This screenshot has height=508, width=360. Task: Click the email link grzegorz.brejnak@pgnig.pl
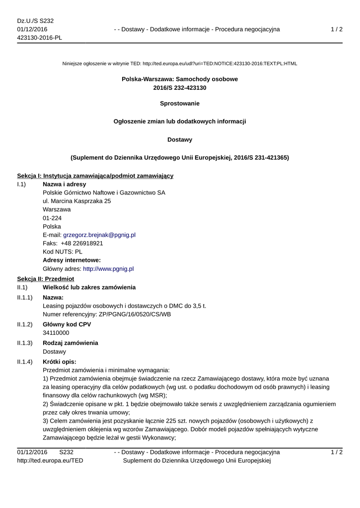(99, 235)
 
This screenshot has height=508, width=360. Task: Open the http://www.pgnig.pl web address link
(108, 268)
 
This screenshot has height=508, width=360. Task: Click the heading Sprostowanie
(180, 103)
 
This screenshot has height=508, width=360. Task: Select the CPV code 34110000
(56, 333)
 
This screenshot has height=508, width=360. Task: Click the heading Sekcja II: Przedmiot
(45, 279)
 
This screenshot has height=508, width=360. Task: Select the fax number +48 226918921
(82, 243)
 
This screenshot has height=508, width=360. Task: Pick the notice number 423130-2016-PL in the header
(40, 38)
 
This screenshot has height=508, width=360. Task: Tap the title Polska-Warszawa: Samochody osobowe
(180, 79)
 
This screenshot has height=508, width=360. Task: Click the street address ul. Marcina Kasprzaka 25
(77, 201)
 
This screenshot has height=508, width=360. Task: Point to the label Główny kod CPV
(67, 324)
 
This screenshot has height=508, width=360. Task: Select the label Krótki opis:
(60, 361)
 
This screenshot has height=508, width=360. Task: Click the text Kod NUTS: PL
(63, 252)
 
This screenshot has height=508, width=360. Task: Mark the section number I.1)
(21, 184)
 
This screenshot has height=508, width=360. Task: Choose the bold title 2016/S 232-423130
(180, 88)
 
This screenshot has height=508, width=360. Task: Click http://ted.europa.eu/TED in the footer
(50, 460)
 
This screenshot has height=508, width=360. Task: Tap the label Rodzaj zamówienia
(70, 342)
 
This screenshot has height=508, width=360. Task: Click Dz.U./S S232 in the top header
(35, 21)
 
